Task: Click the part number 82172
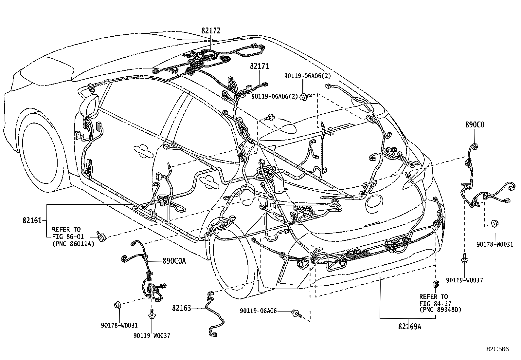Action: pyautogui.click(x=211, y=31)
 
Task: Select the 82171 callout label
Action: pyautogui.click(x=260, y=66)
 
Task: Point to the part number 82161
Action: pyautogui.click(x=32, y=220)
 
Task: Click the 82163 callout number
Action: pyautogui.click(x=181, y=308)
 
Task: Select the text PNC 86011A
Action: pyautogui.click(x=73, y=243)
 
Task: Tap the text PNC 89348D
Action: pyautogui.click(x=440, y=310)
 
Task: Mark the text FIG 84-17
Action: pyautogui.click(x=434, y=303)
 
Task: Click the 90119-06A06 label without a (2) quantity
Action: pyautogui.click(x=258, y=311)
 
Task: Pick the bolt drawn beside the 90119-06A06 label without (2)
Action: pyautogui.click(x=296, y=314)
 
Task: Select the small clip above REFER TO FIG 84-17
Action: pyautogui.click(x=436, y=284)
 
